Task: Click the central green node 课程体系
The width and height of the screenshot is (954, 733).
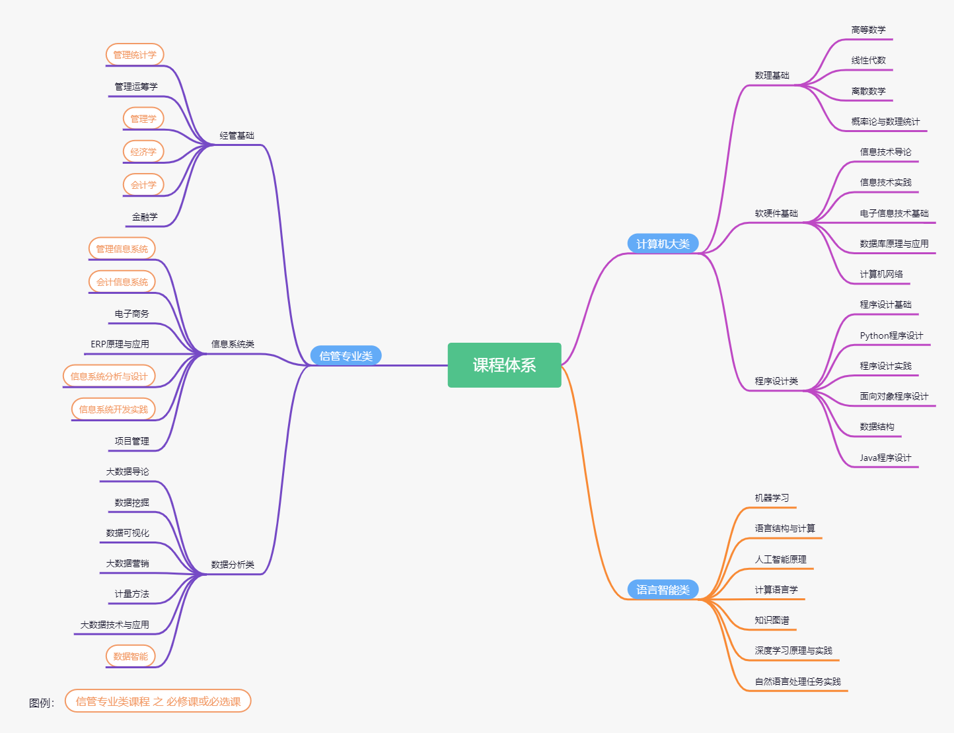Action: point(504,365)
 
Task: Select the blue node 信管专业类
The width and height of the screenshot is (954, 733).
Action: point(346,356)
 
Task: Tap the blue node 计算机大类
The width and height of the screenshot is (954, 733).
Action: point(663,244)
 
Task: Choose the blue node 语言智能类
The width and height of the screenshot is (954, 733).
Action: point(663,590)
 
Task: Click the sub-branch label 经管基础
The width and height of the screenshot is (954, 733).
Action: point(237,135)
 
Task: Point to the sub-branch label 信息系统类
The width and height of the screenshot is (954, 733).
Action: point(233,344)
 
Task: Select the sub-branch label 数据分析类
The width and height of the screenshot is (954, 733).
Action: point(233,565)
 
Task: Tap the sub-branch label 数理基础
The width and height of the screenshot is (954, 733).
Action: point(772,75)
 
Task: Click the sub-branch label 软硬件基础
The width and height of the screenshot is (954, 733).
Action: point(776,213)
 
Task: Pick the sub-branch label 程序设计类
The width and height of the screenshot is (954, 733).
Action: point(776,381)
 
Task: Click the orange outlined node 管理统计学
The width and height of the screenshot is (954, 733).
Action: point(135,55)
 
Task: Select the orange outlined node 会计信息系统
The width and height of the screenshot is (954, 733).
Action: point(122,282)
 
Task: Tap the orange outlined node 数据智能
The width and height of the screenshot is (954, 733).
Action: point(131,656)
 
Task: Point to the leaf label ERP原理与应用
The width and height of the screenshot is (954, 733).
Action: point(120,344)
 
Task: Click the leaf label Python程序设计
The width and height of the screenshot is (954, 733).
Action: point(891,335)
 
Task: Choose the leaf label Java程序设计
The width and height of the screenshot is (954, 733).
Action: point(885,458)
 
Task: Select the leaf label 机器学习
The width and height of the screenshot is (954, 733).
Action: point(772,498)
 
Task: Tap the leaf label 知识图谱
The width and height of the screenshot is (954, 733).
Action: point(772,620)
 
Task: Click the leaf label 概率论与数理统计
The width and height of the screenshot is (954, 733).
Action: point(885,122)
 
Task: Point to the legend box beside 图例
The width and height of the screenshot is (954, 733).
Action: point(158,701)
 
